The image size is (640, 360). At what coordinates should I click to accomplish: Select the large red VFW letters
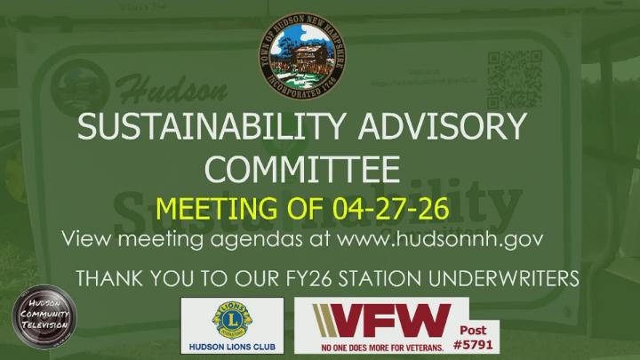pos(380,318)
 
